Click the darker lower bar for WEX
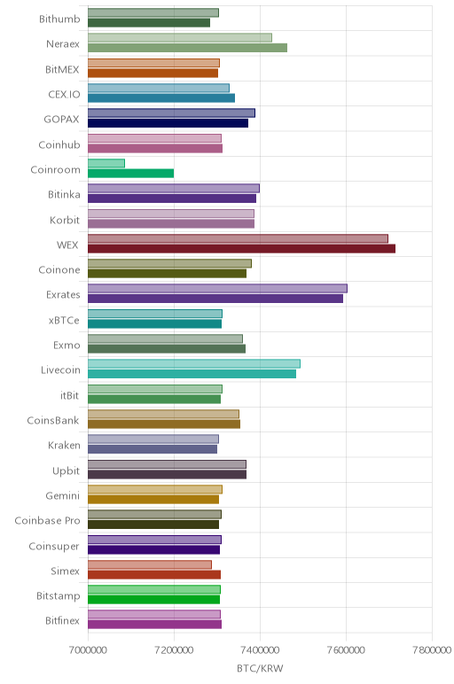tap(241, 249)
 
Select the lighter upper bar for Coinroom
tap(106, 163)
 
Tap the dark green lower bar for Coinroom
tap(130, 173)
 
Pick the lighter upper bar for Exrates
tap(217, 288)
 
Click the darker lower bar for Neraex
tap(187, 48)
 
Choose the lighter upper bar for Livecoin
tap(194, 364)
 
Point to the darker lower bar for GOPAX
tap(168, 123)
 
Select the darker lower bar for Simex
tap(154, 574)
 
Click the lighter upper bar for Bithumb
tap(153, 12)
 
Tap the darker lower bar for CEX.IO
tap(161, 98)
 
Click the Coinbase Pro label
tap(47, 520)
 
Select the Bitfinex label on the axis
tap(62, 620)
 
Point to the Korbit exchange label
tap(65, 220)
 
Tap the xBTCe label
tap(64, 320)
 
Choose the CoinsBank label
tap(53, 421)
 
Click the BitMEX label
tap(62, 69)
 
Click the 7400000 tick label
tap(260, 650)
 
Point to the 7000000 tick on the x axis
tap(88, 650)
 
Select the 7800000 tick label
tap(432, 650)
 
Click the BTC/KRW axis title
tap(260, 668)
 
